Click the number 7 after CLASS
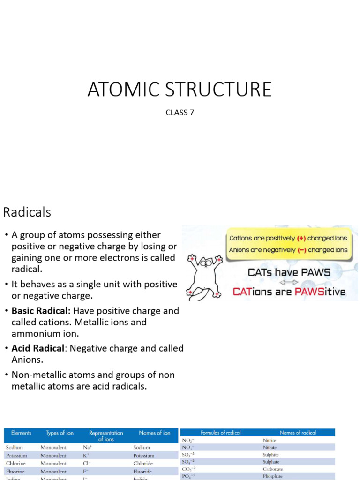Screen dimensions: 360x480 pos(191,112)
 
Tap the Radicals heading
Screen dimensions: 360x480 pos(27,212)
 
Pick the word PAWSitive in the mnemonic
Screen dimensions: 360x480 pos(319,292)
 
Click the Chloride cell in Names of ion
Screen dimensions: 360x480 pos(143,463)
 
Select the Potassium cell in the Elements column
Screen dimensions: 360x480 pos(17,455)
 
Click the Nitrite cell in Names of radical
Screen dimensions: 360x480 pos(270,441)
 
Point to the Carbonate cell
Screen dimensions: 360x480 pos(273,469)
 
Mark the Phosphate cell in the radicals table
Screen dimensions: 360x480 pos(272,476)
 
